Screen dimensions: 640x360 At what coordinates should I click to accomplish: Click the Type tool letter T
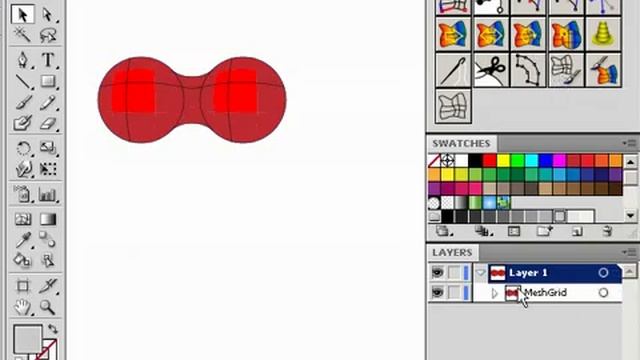[48, 60]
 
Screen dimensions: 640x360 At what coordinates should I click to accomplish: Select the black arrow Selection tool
[22, 15]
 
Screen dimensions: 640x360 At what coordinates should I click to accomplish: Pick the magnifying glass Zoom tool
[47, 307]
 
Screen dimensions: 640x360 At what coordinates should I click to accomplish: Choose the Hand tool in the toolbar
[22, 307]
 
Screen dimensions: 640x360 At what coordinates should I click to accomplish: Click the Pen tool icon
[22, 60]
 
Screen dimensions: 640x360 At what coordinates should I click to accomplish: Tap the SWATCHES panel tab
[461, 143]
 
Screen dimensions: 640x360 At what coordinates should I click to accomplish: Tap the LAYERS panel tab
[452, 253]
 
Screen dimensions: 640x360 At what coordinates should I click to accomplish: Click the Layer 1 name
[528, 273]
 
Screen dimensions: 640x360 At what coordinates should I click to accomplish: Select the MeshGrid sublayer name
[546, 293]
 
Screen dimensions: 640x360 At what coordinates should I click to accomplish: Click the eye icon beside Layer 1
[437, 272]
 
